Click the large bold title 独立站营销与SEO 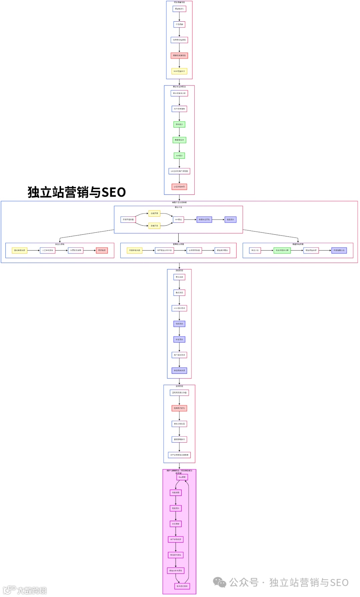point(77,192)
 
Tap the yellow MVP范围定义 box point(179,71)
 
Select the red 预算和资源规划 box point(179,55)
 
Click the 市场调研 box point(179,24)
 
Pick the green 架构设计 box point(179,124)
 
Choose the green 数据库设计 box point(179,140)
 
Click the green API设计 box point(179,155)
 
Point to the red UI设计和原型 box point(179,187)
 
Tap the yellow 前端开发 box point(154,213)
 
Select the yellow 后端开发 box point(154,226)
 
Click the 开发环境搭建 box point(128,219)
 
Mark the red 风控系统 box point(102,250)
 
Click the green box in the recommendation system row point(282,250)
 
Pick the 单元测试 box point(179,277)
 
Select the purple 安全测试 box point(179,339)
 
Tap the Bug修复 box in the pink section point(182,477)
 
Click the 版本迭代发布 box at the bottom point(182,586)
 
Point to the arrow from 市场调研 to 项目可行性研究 point(179,32)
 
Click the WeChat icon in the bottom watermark point(220,582)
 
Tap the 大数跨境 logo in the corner point(25,590)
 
